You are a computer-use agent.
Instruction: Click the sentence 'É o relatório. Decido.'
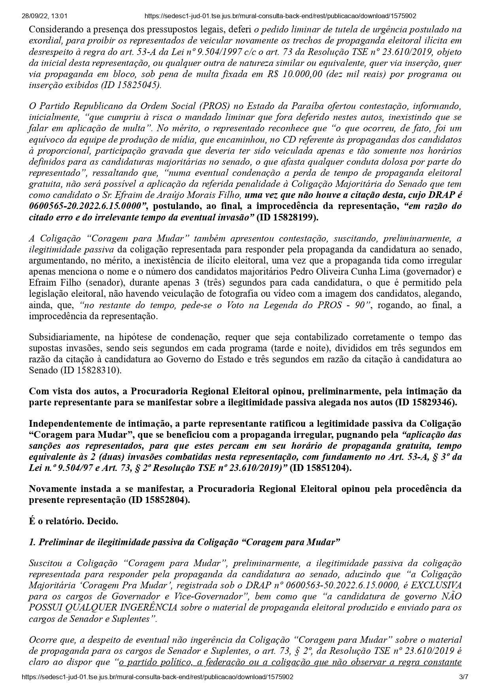(73, 521)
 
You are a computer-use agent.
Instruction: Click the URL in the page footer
(158, 677)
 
